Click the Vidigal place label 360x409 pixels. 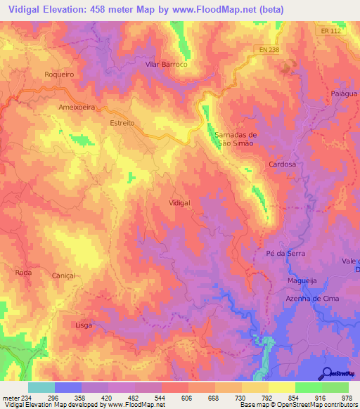pyautogui.click(x=180, y=202)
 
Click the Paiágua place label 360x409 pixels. pyautogui.click(x=344, y=93)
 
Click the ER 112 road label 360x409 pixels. pyautogui.click(x=328, y=30)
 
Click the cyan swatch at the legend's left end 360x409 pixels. pyautogui.click(x=41, y=387)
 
